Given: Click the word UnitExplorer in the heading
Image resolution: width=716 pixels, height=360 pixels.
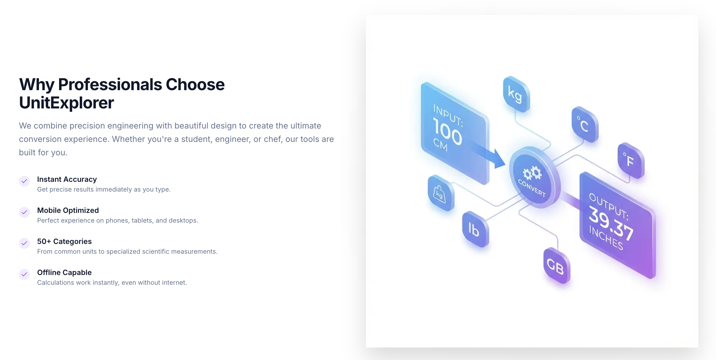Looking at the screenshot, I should click(66, 103).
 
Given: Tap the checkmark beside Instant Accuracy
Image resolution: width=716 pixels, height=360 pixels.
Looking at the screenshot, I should click(24, 181).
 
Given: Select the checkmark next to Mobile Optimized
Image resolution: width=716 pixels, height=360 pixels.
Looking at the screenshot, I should click(24, 212).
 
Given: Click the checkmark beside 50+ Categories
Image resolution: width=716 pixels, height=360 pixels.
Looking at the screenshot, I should click(24, 243).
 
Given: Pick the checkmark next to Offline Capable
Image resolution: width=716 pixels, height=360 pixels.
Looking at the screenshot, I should click(24, 274).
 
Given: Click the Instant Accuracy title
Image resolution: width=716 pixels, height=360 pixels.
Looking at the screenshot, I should click(67, 179).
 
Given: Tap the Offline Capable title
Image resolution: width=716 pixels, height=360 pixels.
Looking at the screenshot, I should click(64, 273).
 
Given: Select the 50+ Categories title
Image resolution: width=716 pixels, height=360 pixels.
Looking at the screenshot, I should click(64, 242).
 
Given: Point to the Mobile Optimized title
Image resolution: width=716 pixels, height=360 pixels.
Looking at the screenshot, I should click(68, 210).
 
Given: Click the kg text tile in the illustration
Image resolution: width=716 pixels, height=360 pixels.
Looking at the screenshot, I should click(516, 94).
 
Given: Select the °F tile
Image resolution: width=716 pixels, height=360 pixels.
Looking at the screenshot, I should click(630, 161).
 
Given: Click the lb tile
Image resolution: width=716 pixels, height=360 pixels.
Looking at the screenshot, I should click(475, 229).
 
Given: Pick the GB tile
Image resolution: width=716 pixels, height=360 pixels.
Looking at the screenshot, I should click(556, 266).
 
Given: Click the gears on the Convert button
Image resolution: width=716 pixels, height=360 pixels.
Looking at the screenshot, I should click(532, 173).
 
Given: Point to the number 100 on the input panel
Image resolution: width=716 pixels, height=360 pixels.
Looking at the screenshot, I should click(447, 132).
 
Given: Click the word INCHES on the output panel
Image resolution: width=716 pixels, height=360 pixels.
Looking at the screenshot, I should click(606, 238).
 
